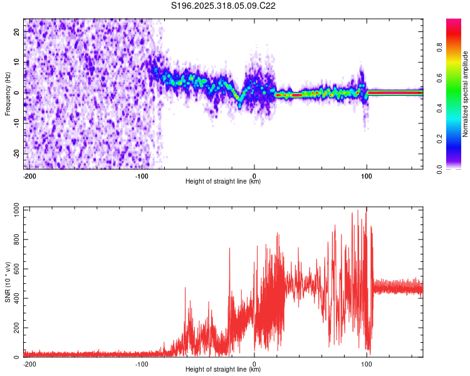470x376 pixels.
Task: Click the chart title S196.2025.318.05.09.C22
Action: (224, 6)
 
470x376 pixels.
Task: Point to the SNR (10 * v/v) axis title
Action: (8, 282)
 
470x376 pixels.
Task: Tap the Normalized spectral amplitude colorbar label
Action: (466, 94)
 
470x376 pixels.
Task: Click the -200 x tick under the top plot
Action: (29, 175)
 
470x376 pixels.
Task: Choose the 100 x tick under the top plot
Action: (367, 175)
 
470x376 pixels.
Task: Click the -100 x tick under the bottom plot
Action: (142, 363)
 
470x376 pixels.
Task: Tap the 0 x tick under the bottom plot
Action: (254, 363)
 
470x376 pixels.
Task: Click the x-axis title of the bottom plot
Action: (223, 370)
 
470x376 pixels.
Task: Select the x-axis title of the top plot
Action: (223, 182)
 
